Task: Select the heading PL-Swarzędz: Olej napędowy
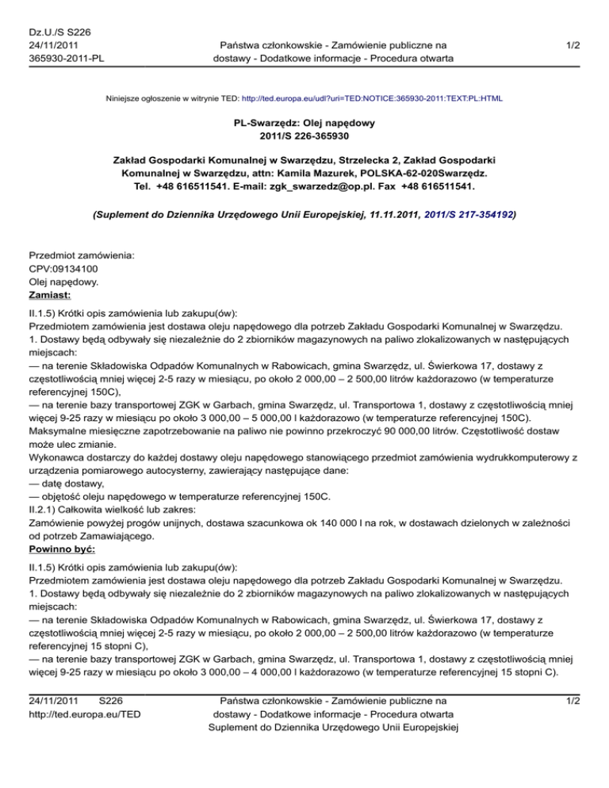(x=304, y=124)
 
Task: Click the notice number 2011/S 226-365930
(x=304, y=138)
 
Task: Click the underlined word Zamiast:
(x=49, y=296)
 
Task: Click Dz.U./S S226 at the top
(x=59, y=32)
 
